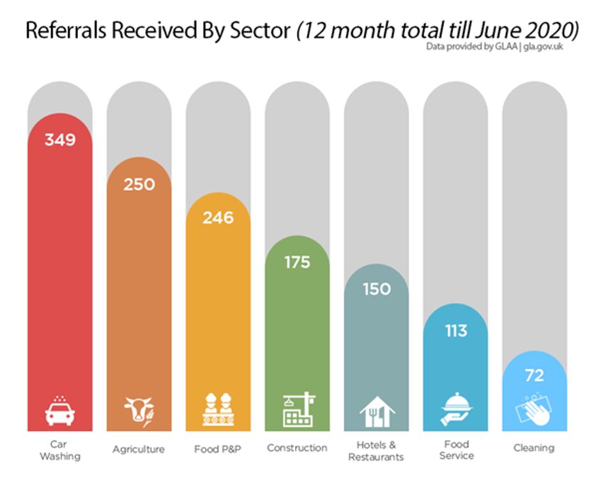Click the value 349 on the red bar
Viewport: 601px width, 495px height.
coord(60,139)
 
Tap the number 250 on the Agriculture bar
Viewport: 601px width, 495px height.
coord(139,185)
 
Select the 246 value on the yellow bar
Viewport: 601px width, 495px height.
coord(218,218)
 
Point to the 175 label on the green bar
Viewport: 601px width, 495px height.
coord(297,263)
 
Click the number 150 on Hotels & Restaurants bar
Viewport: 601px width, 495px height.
coord(376,289)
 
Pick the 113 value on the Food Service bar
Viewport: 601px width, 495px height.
coord(455,331)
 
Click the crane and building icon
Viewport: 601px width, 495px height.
coord(298,409)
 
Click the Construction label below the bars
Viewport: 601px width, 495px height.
coord(297,448)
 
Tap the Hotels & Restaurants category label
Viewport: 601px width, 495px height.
coord(376,450)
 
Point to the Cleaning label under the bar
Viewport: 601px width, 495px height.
coord(534,448)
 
